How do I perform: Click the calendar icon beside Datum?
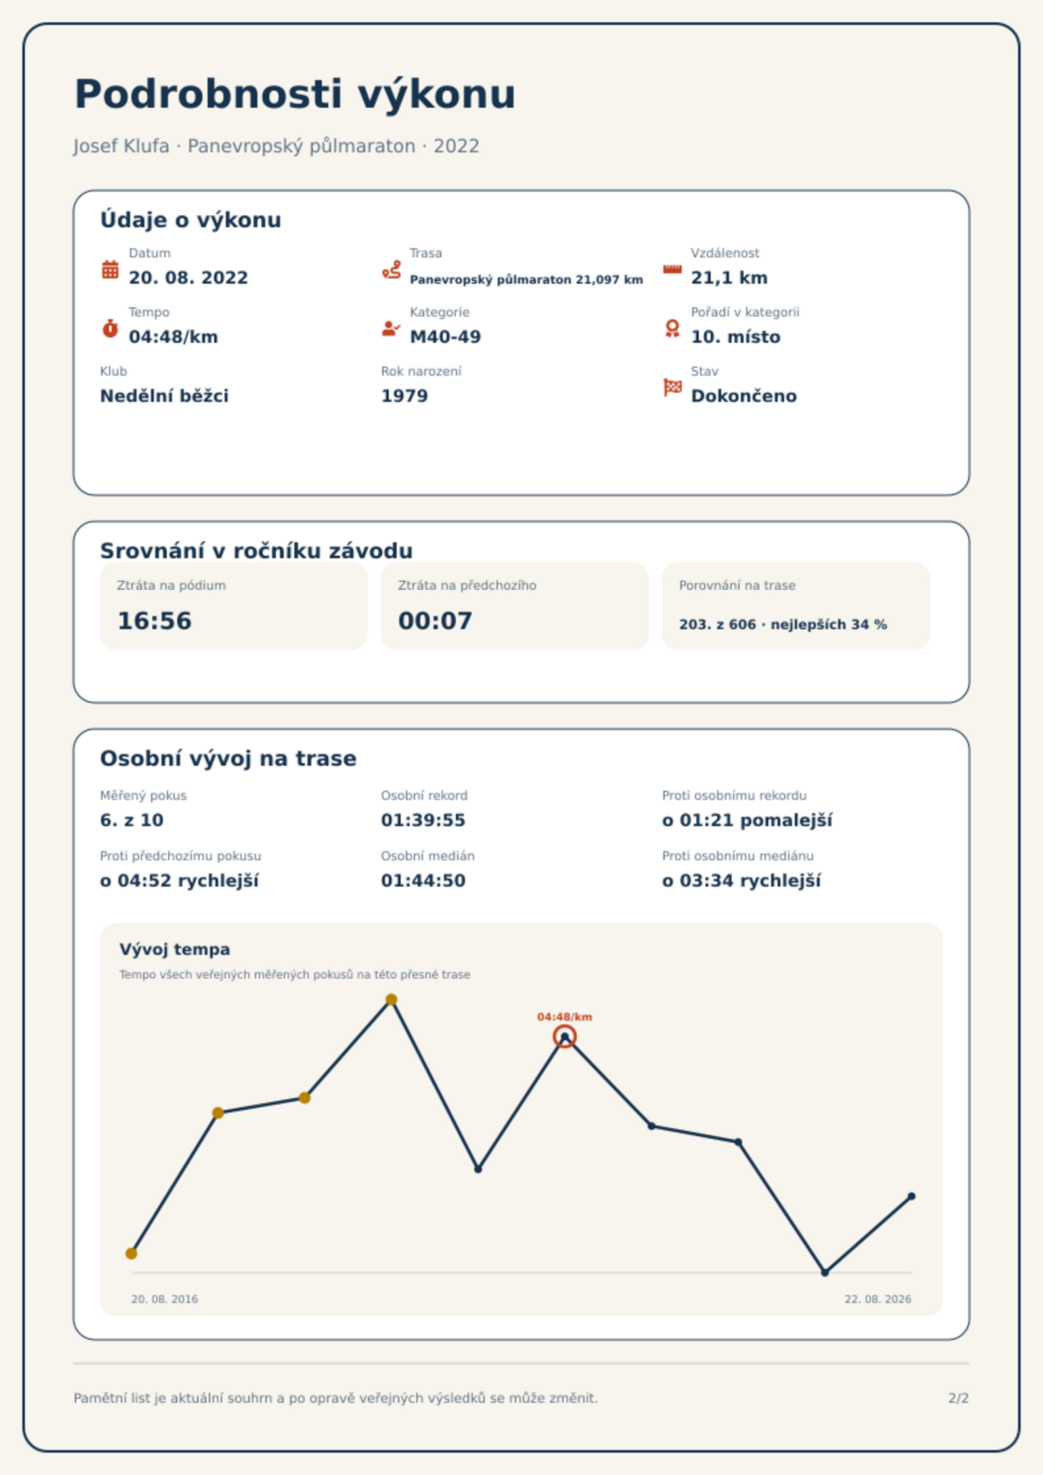(110, 269)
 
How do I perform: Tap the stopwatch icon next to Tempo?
(110, 328)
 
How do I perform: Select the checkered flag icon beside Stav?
(673, 387)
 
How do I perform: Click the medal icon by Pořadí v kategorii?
(673, 328)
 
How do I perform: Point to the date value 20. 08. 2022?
(189, 278)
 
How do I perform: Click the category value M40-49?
(445, 337)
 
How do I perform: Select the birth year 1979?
(405, 396)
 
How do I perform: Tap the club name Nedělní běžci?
(164, 396)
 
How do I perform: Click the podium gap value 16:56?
(154, 621)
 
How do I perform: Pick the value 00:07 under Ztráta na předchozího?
(435, 621)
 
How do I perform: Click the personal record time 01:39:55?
(423, 820)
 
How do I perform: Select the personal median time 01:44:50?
(423, 881)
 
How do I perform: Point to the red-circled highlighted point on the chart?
(565, 1037)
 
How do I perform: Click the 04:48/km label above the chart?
(565, 1017)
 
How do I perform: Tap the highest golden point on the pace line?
(391, 1000)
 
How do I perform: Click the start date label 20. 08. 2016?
(164, 1299)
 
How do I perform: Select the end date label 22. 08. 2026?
(878, 1299)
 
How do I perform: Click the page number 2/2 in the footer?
(959, 1398)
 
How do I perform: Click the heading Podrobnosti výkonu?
(295, 94)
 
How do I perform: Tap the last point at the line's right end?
(912, 1197)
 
